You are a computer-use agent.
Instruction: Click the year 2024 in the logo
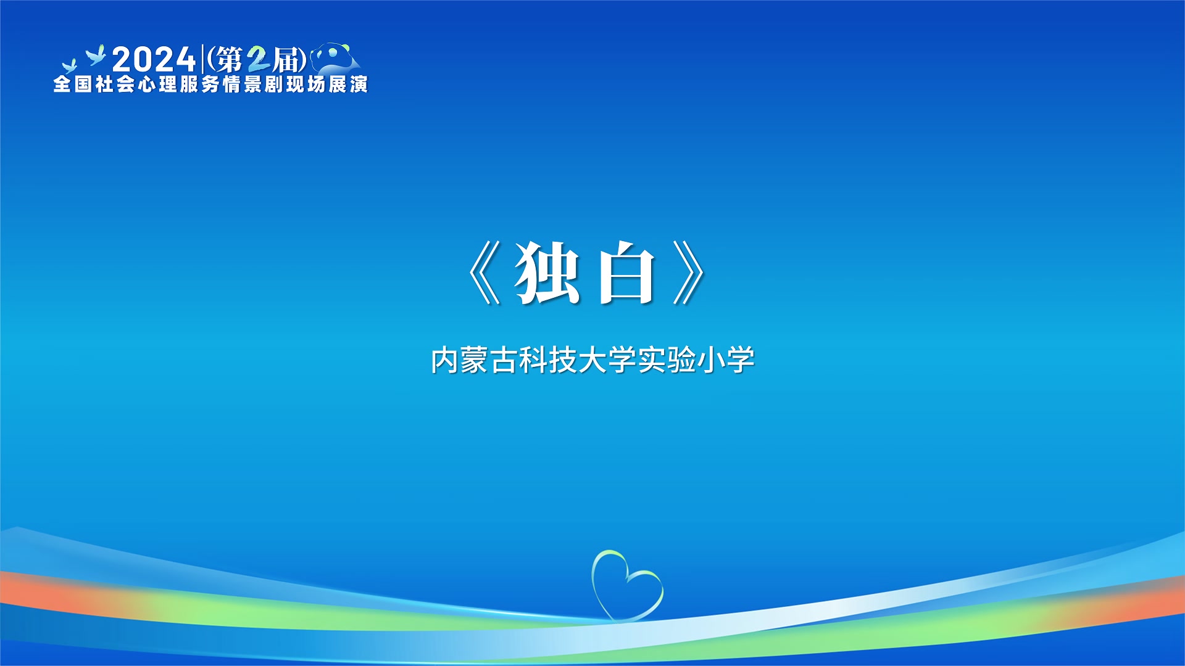click(154, 60)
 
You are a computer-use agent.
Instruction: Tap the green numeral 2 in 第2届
click(259, 60)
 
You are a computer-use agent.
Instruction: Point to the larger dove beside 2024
click(96, 55)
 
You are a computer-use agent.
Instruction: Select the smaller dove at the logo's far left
click(69, 66)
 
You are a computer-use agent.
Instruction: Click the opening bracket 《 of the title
click(484, 273)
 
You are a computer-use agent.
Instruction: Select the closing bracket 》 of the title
click(688, 273)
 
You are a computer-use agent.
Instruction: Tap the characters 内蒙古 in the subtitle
click(473, 360)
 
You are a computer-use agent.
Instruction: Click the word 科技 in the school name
click(548, 360)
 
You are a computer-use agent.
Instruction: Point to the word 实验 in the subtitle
click(667, 360)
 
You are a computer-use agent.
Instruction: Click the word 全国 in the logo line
click(73, 84)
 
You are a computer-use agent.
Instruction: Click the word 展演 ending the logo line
click(348, 84)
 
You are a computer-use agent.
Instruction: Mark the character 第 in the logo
click(229, 60)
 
